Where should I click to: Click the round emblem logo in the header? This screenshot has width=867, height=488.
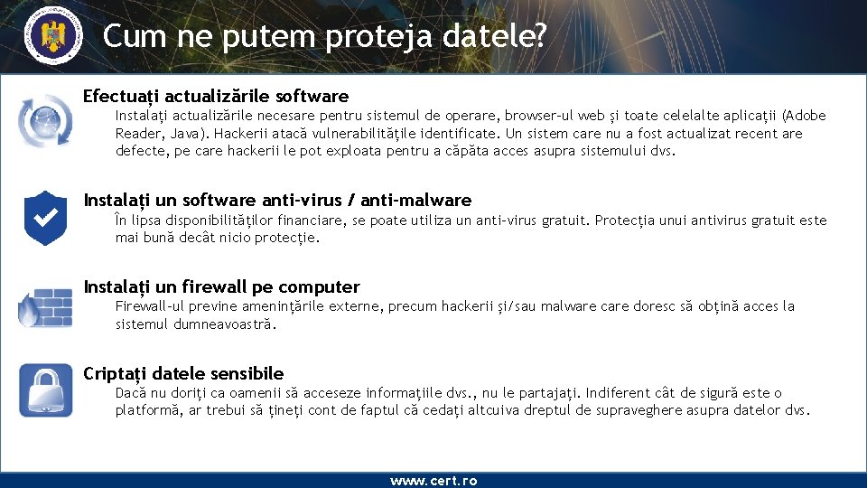click(x=51, y=37)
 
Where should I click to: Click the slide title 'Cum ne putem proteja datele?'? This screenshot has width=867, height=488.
click(x=325, y=36)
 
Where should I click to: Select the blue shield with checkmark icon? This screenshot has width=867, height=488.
click(x=44, y=218)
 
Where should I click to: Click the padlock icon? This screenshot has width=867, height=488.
click(x=46, y=390)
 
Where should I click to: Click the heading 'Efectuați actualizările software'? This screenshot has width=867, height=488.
click(x=216, y=96)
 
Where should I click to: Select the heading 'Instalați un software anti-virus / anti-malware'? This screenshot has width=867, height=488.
click(x=277, y=200)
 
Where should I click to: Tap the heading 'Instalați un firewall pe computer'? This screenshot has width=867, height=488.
click(x=221, y=286)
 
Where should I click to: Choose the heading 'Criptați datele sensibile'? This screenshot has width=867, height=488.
click(x=183, y=373)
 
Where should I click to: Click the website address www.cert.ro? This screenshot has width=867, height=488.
click(x=433, y=481)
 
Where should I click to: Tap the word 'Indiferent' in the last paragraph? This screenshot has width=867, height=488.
click(x=619, y=393)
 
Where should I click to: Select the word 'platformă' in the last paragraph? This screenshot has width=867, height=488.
click(x=147, y=410)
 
